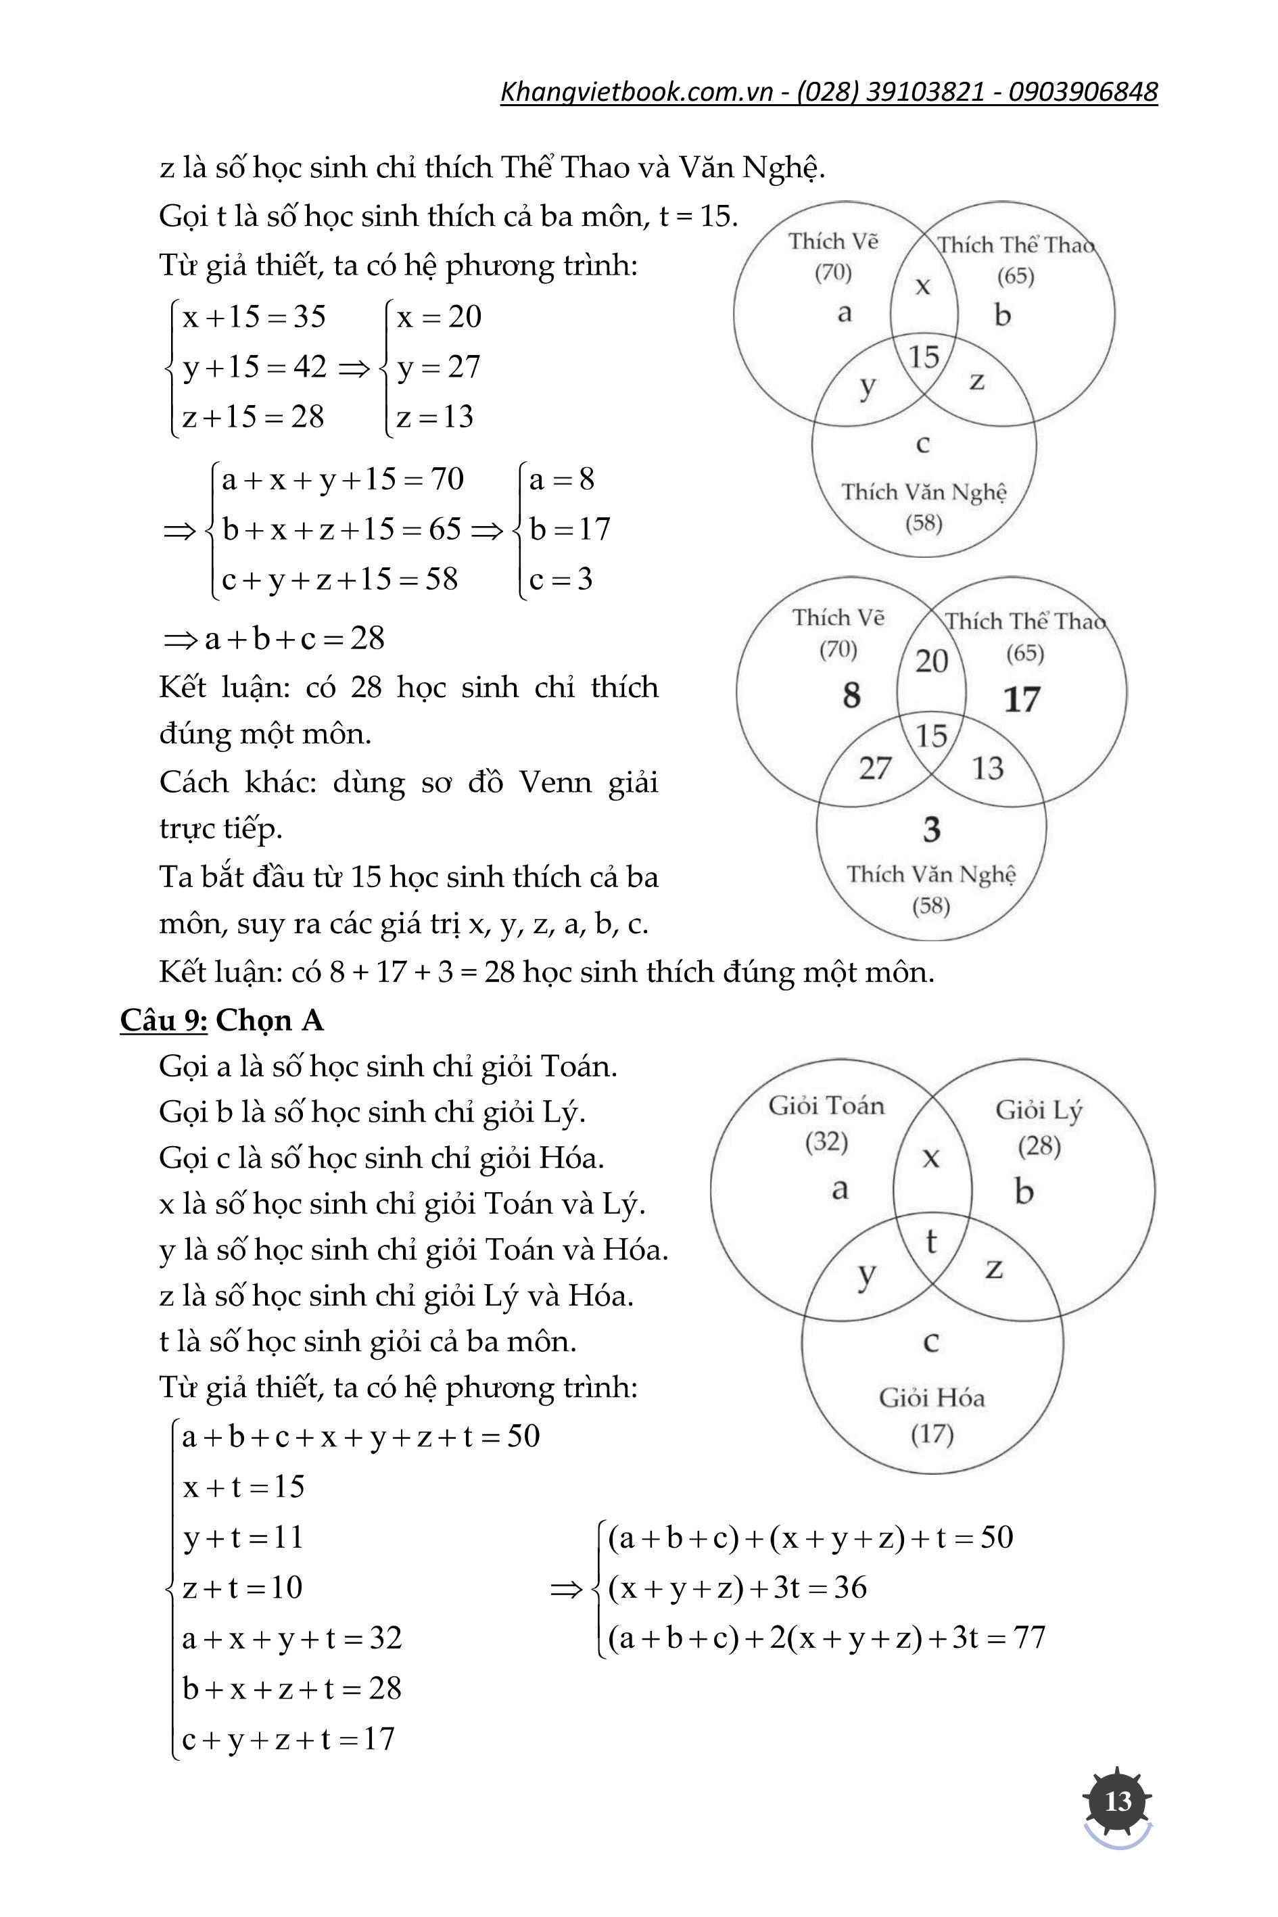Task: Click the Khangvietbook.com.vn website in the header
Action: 636,92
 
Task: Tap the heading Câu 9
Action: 164,1020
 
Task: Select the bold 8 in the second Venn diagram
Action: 851,695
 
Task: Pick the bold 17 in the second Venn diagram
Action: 1021,699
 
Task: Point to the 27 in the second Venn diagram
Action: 874,767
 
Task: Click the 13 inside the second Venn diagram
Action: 987,767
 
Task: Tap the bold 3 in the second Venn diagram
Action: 932,830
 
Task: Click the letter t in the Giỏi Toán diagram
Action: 931,1241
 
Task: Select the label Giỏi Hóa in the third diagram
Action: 932,1398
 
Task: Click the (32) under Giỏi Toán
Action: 826,1142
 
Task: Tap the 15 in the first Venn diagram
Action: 924,357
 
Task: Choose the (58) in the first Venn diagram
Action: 924,523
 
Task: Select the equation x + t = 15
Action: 243,1487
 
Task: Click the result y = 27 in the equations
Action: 438,366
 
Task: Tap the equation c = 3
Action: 561,579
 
